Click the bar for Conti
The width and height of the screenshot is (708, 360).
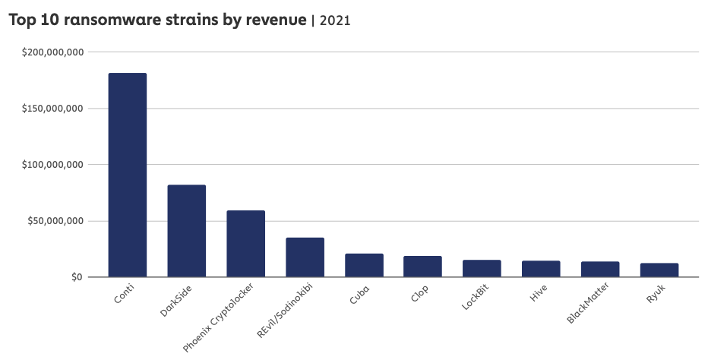pos(128,175)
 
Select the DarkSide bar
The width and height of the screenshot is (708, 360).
pos(187,231)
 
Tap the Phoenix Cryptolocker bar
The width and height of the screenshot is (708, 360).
pos(246,244)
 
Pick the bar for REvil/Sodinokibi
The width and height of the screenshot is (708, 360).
pos(305,257)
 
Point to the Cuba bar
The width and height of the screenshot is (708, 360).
pos(365,265)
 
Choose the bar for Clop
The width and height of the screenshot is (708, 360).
pos(423,267)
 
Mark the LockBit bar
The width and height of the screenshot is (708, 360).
pos(482,268)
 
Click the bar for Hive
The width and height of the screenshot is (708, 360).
pos(541,269)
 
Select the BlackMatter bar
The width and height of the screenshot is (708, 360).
pos(600,270)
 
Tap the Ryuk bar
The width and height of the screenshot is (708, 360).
pos(659,270)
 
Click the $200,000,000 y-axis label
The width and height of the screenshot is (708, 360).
pos(52,52)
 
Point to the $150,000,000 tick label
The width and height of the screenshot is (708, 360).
pos(52,108)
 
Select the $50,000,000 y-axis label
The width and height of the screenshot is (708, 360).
pos(55,221)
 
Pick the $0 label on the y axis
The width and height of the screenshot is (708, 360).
pos(74,277)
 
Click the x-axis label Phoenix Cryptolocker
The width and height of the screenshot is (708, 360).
pos(221,319)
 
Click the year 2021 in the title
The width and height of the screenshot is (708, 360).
pos(335,21)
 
